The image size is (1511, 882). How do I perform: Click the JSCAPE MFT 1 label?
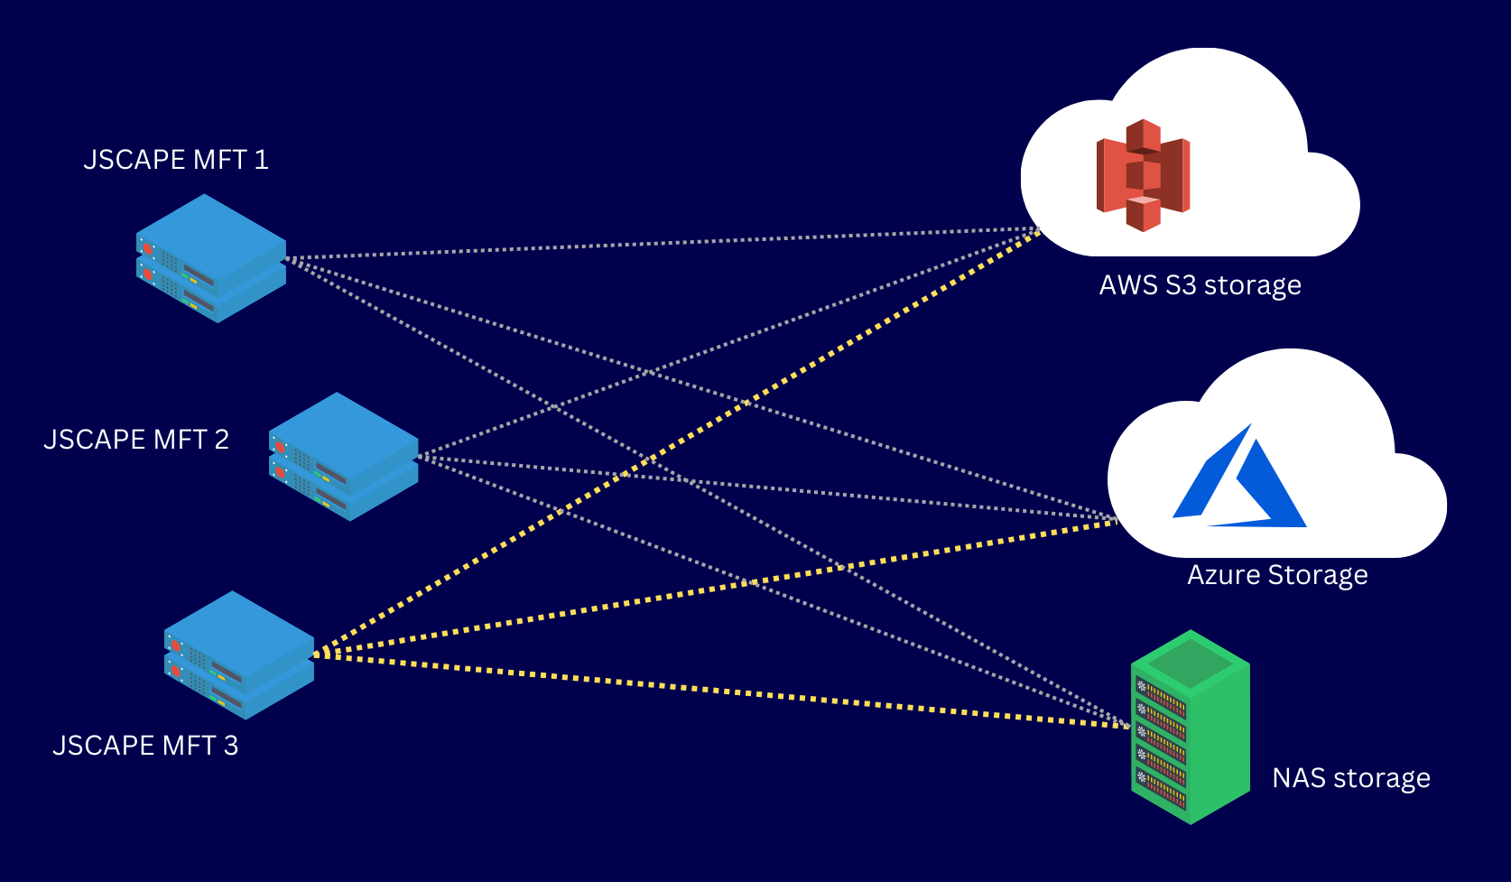176,160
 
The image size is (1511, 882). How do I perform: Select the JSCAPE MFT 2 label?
136,440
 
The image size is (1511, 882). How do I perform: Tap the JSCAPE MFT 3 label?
145,746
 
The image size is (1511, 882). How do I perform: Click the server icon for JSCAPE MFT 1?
211,258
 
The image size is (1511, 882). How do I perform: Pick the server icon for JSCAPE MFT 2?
343,456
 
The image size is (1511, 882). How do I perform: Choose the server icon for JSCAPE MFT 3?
239,655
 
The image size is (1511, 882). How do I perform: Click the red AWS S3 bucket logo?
1143,175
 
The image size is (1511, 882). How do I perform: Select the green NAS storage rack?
1190,727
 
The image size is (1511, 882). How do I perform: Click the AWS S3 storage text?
1200,285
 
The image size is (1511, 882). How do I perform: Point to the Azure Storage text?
1277,575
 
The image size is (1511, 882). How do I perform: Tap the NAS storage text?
1350,778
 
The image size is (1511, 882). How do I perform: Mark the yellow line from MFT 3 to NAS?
722,691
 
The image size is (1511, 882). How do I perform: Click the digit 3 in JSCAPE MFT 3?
231,746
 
